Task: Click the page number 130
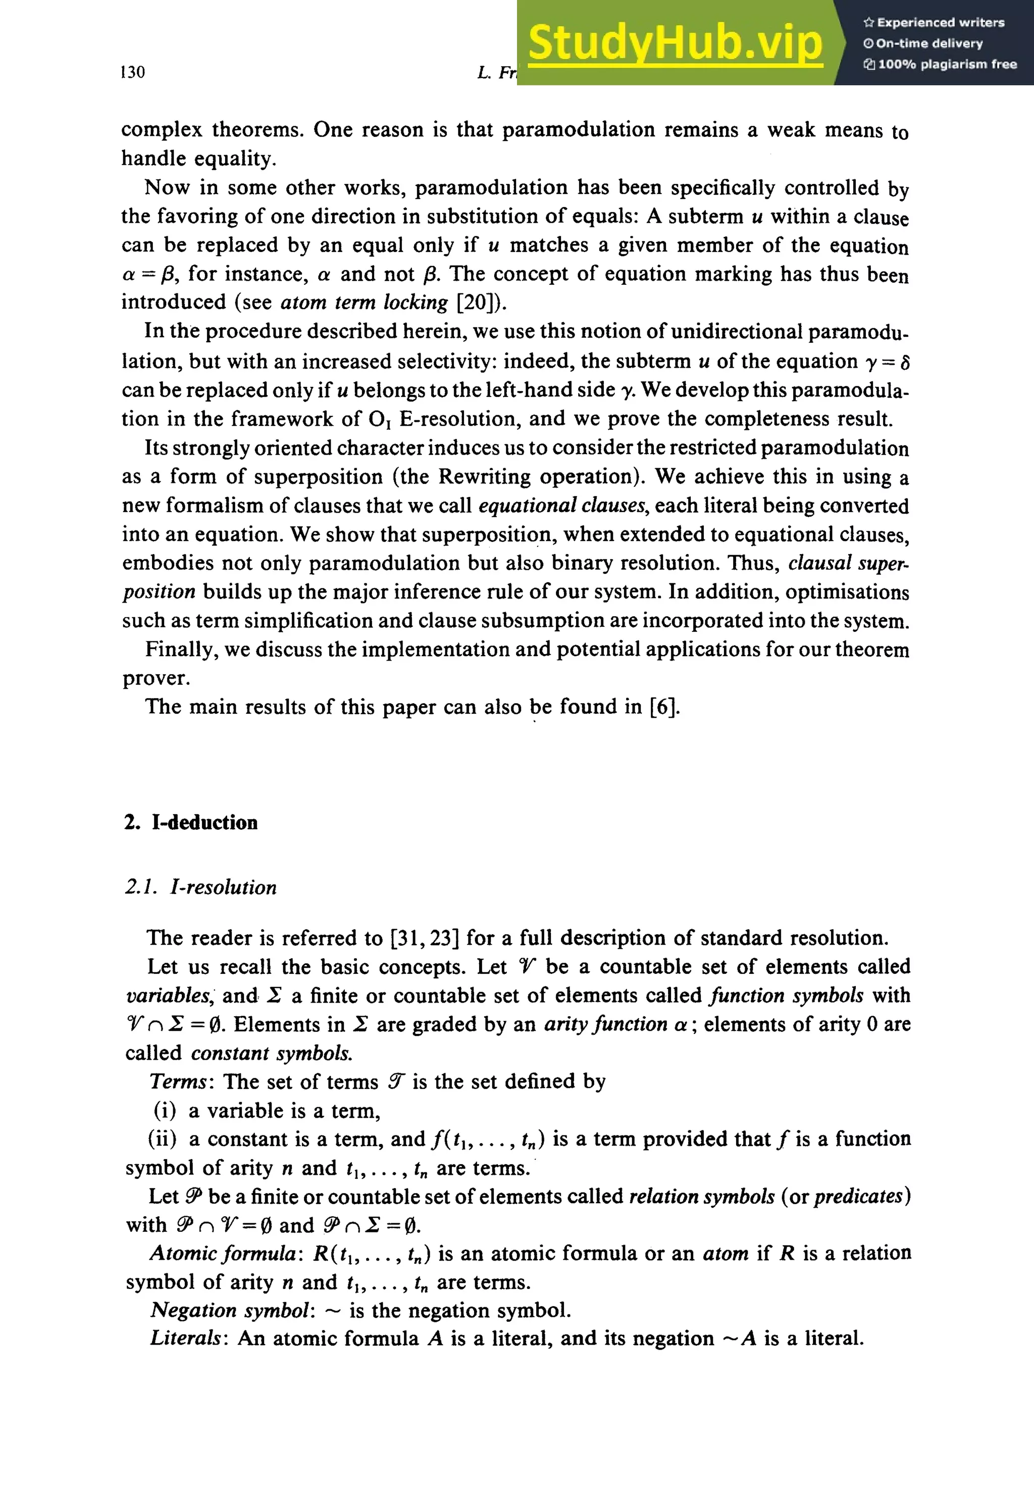pyautogui.click(x=133, y=72)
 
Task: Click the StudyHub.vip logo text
pyautogui.click(x=675, y=43)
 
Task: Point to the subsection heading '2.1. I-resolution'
pyautogui.click(x=201, y=886)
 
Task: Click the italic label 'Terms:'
pyautogui.click(x=179, y=1081)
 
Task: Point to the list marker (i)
pyautogui.click(x=165, y=1110)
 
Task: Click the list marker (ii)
pyautogui.click(x=162, y=1138)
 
